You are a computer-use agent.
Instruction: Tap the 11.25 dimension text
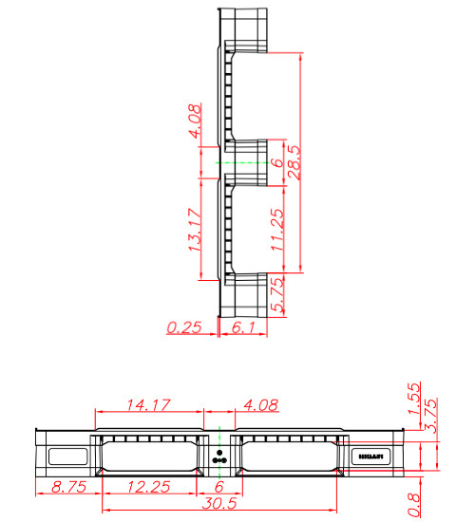[276, 229]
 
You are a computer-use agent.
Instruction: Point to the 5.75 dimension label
[276, 295]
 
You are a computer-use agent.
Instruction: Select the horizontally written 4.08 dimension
[261, 406]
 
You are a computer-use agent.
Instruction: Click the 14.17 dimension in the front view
[149, 406]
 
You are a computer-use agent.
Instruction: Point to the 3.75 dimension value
[430, 415]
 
